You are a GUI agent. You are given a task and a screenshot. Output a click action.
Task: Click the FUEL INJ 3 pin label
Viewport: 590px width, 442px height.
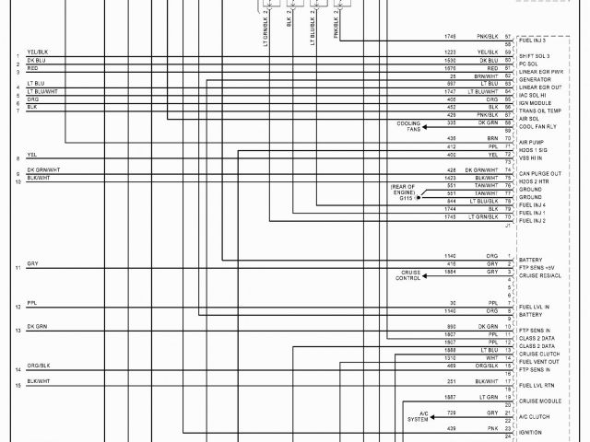(x=532, y=41)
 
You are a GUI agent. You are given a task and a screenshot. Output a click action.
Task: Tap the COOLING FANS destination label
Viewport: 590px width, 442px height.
(x=408, y=126)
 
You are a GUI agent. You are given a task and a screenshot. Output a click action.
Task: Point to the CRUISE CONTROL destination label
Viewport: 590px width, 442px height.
(x=410, y=275)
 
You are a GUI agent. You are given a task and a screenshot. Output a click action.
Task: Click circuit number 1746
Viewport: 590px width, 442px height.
(x=451, y=36)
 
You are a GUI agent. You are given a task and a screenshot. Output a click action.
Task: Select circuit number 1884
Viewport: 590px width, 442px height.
(x=451, y=272)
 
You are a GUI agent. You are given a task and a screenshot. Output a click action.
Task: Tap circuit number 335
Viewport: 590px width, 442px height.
(x=452, y=122)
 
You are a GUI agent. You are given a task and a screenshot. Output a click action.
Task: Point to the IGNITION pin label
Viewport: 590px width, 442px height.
(x=531, y=432)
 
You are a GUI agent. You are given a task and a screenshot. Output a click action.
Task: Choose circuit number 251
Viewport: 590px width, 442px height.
(x=452, y=381)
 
